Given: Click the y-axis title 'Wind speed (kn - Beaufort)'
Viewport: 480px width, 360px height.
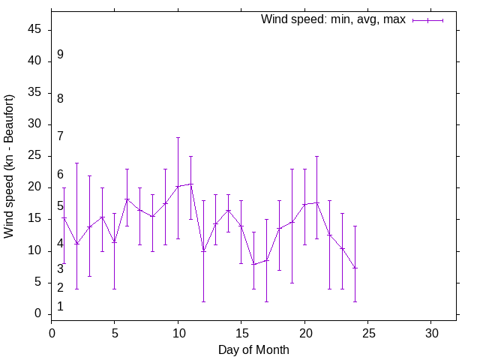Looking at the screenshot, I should click(x=9, y=166).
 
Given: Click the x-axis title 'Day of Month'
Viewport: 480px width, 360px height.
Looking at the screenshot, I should click(x=253, y=349).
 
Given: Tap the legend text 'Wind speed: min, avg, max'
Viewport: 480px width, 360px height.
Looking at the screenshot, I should click(x=332, y=19).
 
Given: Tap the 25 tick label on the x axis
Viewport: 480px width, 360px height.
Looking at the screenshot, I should click(x=367, y=332).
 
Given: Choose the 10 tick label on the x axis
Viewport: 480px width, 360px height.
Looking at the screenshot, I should click(x=178, y=332).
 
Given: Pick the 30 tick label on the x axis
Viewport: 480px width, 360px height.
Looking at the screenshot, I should click(x=430, y=332).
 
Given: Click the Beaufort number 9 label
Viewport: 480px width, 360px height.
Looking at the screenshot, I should click(x=60, y=55).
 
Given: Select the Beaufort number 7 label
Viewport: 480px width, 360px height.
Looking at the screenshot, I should click(x=60, y=136).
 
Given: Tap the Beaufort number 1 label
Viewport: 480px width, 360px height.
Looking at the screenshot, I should click(x=60, y=307).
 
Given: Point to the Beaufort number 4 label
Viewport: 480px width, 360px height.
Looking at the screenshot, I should click(x=60, y=244).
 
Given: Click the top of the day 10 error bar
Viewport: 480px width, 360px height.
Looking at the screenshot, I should click(x=178, y=137).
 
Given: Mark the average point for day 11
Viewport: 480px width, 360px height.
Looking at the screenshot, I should click(x=190, y=184).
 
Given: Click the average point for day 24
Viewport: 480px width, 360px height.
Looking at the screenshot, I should click(x=355, y=268).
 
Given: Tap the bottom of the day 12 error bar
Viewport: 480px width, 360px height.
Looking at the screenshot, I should click(x=203, y=301).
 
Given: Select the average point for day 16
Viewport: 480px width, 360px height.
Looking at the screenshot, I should click(x=253, y=264).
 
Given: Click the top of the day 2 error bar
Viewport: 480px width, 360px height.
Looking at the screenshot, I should click(x=76, y=163).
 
